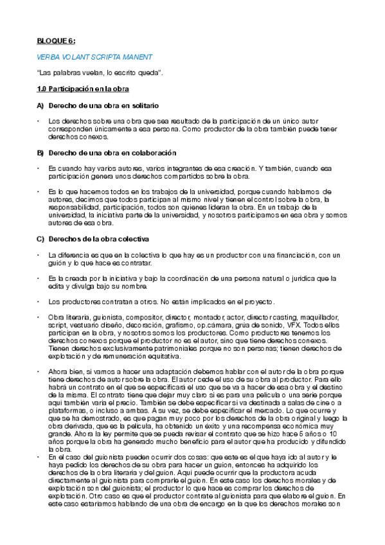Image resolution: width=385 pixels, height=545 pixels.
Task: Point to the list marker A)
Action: point(40,105)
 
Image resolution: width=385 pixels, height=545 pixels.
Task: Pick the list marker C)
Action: point(40,238)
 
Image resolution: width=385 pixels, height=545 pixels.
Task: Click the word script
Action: point(57,326)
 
